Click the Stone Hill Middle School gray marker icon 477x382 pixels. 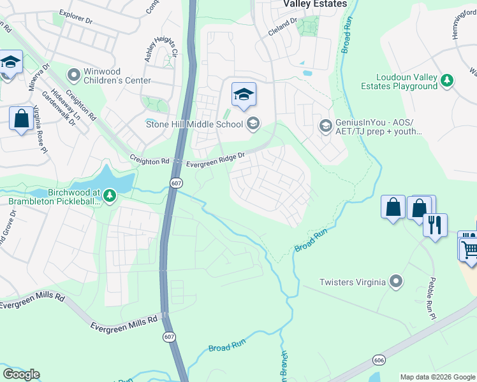(253, 124)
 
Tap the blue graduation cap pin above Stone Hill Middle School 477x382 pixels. (243, 95)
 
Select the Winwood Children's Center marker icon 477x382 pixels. (74, 76)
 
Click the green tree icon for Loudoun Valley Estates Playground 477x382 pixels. (448, 80)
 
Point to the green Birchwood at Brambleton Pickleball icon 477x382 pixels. (110, 194)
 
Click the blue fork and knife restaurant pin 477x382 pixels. (436, 225)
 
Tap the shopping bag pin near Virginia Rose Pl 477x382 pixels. (21, 118)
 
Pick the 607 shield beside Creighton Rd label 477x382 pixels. (176, 183)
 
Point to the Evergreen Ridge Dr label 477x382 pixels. (215, 160)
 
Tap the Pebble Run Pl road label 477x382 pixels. (430, 299)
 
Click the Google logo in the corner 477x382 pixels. (21, 374)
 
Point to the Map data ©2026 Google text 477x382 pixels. (437, 377)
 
